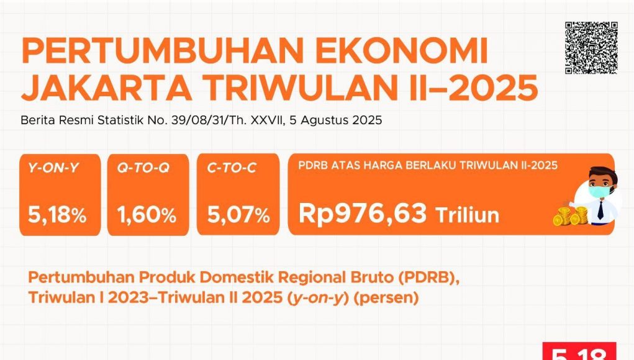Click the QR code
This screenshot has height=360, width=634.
tap(591, 48)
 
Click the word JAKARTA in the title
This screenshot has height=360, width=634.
tap(106, 88)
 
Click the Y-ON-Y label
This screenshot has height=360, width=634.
tap(53, 168)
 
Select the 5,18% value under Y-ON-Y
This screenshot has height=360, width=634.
tap(57, 214)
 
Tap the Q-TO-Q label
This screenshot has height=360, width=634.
tap(143, 168)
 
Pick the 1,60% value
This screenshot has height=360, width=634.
tap(147, 214)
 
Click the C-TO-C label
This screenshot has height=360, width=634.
tap(232, 168)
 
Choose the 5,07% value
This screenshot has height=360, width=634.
tap(238, 214)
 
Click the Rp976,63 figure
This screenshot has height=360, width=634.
tap(363, 214)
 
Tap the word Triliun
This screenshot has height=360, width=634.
tap(468, 215)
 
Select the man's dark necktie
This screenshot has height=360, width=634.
tap(601, 210)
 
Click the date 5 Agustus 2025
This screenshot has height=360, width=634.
tap(336, 120)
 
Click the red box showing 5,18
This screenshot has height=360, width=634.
tap(579, 351)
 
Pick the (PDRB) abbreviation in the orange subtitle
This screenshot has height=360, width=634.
tap(428, 277)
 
